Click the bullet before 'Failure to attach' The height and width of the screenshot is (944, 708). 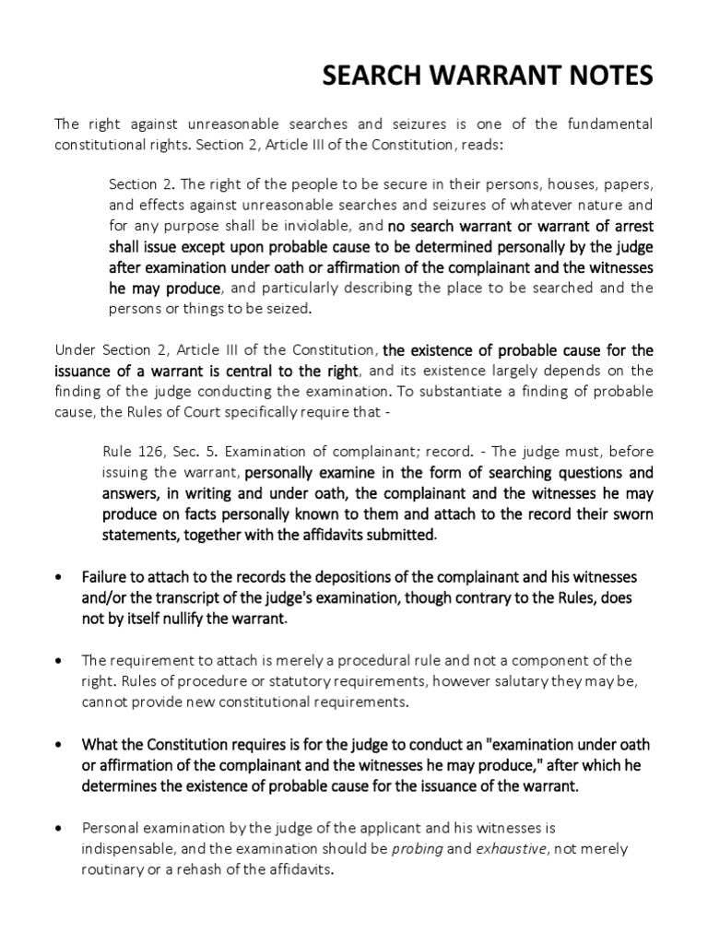click(60, 576)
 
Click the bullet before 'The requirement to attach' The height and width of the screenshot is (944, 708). click(60, 659)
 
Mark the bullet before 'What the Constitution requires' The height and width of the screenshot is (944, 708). click(60, 743)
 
